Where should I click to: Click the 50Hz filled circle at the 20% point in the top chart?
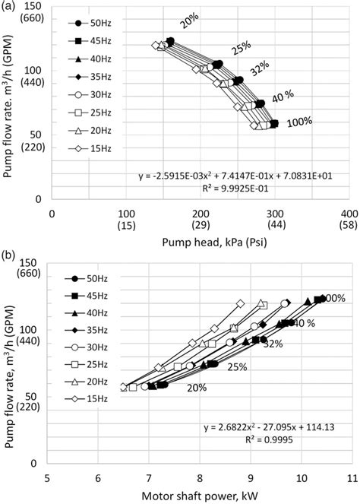171,42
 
